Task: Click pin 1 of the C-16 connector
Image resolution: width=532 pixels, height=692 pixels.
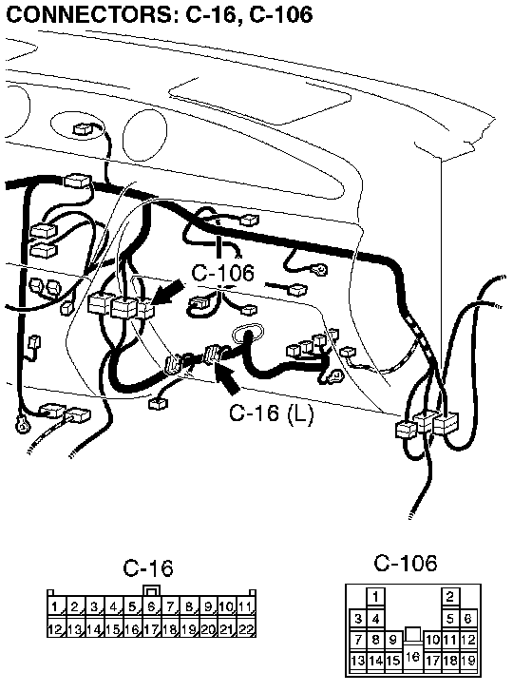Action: (x=55, y=606)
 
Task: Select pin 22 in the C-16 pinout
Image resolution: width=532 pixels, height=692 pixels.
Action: (x=246, y=629)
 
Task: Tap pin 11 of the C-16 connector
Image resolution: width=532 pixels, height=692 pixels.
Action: (x=246, y=606)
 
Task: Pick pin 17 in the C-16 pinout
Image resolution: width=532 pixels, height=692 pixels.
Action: (x=151, y=629)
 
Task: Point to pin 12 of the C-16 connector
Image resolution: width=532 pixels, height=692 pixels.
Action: (x=55, y=629)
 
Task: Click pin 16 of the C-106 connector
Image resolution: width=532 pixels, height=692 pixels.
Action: (x=412, y=656)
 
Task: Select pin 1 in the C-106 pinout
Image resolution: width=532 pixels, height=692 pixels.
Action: (x=375, y=597)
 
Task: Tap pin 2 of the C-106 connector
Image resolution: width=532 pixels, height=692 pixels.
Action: (x=450, y=597)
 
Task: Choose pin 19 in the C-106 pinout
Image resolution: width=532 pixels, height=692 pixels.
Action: (x=468, y=661)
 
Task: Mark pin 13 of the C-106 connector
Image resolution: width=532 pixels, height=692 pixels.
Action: (x=358, y=661)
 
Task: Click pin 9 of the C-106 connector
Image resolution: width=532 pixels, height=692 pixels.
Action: (x=393, y=640)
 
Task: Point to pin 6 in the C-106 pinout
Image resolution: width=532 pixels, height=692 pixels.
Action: (x=468, y=618)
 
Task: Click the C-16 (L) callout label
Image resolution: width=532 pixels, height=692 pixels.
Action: (x=272, y=413)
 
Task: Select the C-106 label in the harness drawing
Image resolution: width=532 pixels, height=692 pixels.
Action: (x=222, y=273)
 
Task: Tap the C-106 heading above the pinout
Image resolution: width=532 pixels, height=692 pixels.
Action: (x=406, y=563)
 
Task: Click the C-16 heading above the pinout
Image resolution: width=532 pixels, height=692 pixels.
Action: (x=148, y=568)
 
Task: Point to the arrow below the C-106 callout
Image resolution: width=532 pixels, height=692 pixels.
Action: (x=167, y=293)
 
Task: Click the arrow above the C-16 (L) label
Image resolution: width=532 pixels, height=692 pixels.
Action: (x=227, y=376)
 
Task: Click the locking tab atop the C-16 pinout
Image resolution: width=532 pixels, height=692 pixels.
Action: (x=151, y=590)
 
